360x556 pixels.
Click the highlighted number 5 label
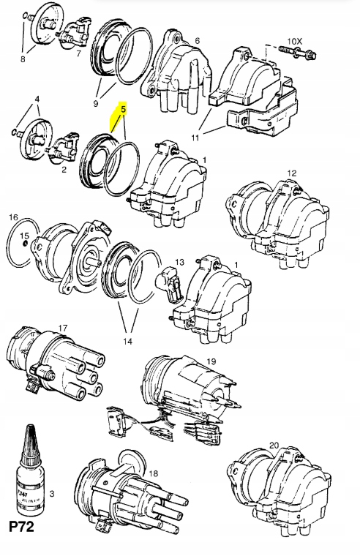click(124, 110)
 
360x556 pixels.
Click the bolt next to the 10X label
click(296, 52)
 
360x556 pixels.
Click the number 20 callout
click(274, 445)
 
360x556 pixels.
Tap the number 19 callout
click(211, 361)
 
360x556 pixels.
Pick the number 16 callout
click(13, 218)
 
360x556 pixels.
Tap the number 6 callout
click(196, 41)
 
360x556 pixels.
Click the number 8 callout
click(23, 59)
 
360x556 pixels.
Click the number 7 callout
click(78, 52)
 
